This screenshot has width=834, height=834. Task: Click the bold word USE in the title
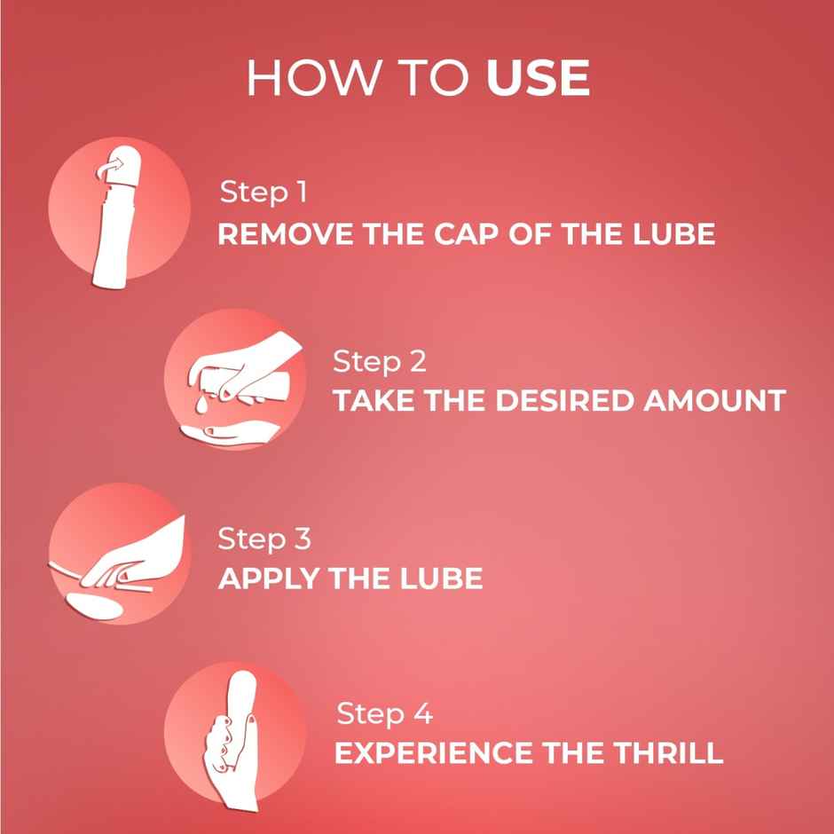[x=538, y=79]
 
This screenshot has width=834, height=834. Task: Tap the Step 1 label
[x=264, y=192]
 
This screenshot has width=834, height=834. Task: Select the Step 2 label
[x=379, y=361]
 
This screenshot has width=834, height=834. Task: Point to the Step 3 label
[x=264, y=539]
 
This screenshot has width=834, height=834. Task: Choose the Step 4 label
[x=384, y=713]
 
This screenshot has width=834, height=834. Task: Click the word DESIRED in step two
[x=557, y=400]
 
